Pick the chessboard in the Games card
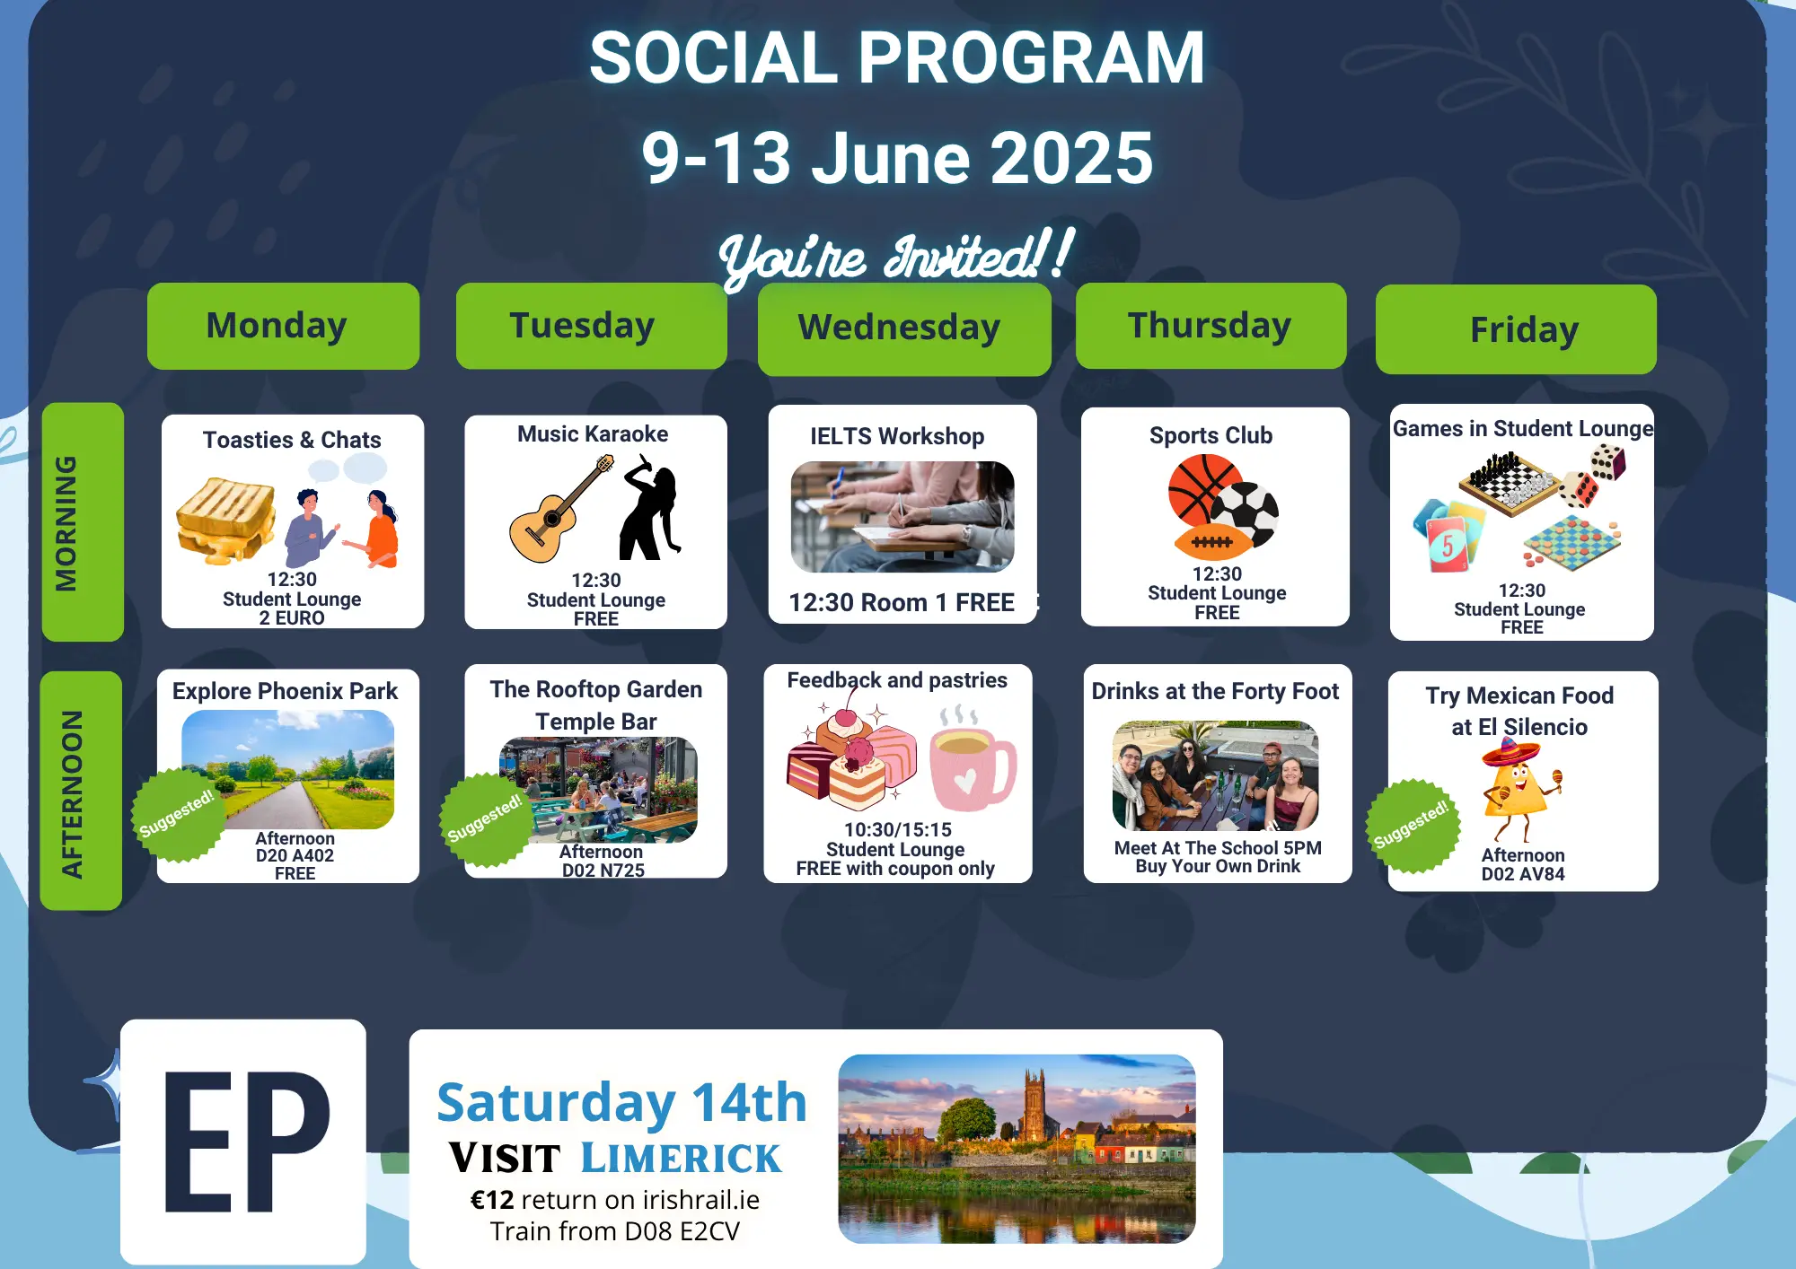click(1510, 483)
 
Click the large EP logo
click(243, 1142)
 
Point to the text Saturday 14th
click(621, 1102)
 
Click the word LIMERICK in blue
click(681, 1159)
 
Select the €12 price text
click(492, 1200)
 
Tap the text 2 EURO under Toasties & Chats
click(292, 618)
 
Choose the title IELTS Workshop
click(897, 436)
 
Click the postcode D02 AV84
click(1523, 874)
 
